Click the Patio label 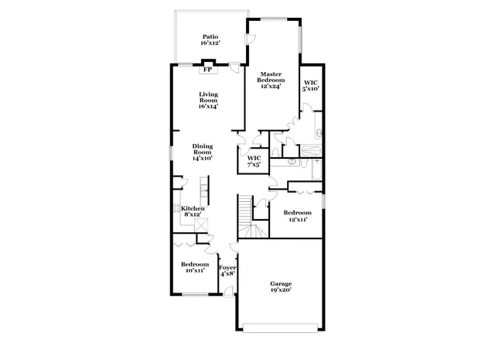point(210,36)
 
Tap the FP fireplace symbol point(207,70)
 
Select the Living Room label point(208,97)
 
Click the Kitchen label point(193,208)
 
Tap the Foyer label point(228,268)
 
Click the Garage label point(281,283)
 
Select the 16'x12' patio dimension point(210,43)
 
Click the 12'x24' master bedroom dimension point(270,87)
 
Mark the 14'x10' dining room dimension point(203,157)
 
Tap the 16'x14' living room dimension point(208,106)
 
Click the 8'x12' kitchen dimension point(193,215)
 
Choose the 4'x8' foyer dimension point(228,274)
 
